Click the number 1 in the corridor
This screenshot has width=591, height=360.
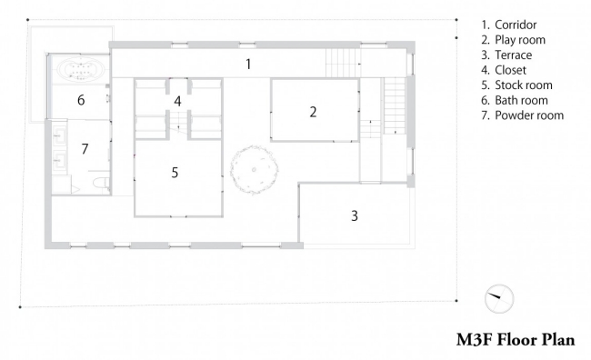[x=247, y=64]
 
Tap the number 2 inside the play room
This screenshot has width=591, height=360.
[x=313, y=112]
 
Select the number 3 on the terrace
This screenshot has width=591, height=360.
[x=355, y=215]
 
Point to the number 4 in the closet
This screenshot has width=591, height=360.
[x=178, y=101]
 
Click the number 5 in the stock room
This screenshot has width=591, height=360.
[x=175, y=170]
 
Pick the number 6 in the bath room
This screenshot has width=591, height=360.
[x=80, y=100]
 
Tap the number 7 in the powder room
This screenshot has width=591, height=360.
[x=84, y=147]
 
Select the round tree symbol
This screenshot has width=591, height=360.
[x=253, y=170]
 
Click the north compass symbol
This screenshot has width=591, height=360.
[x=498, y=297]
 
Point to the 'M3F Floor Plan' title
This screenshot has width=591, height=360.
[x=516, y=341]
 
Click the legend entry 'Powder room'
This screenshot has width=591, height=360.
[x=524, y=115]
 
